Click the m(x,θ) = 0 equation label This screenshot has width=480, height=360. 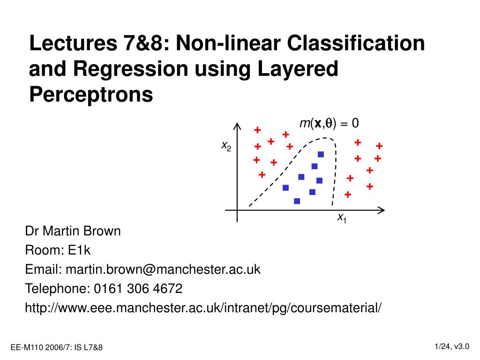pos(329,123)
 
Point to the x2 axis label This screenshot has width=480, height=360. pos(226,146)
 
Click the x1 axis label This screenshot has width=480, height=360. pos(342,218)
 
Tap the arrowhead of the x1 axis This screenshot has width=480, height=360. pos(382,210)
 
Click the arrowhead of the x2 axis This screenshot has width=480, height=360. pos(237,126)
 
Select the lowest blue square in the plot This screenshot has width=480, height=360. pos(297,201)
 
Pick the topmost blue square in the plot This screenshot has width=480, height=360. pos(321,154)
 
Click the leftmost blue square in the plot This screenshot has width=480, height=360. pos(285,187)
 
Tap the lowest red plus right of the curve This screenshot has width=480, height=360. pos(347,194)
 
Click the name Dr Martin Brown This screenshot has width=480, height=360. pos(73,231)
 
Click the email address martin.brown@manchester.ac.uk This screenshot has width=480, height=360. pos(163,270)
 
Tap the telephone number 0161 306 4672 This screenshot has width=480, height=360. pos(138,288)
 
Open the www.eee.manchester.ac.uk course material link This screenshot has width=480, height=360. pos(203,308)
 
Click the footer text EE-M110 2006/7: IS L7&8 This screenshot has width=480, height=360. pos(57,347)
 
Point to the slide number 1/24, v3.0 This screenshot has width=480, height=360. pos(451,346)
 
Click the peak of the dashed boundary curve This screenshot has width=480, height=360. pos(325,138)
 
